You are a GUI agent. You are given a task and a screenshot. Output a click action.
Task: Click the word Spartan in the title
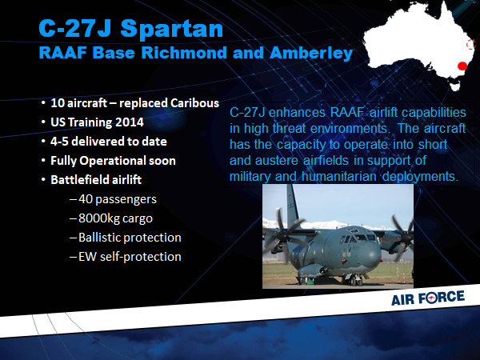click(x=171, y=29)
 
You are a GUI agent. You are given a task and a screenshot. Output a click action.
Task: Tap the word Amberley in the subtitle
click(x=311, y=53)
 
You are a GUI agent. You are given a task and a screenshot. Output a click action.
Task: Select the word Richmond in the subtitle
click(x=184, y=52)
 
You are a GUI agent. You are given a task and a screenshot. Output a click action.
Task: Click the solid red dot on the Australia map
click(x=462, y=66)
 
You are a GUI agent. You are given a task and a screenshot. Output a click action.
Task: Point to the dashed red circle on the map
click(x=470, y=44)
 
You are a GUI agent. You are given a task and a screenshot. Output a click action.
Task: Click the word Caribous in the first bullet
click(x=194, y=103)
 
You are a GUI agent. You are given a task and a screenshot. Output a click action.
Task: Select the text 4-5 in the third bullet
click(x=59, y=142)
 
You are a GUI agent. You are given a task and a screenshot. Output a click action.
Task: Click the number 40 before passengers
click(x=86, y=199)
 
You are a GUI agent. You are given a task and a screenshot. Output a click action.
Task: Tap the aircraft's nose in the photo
click(x=373, y=254)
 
